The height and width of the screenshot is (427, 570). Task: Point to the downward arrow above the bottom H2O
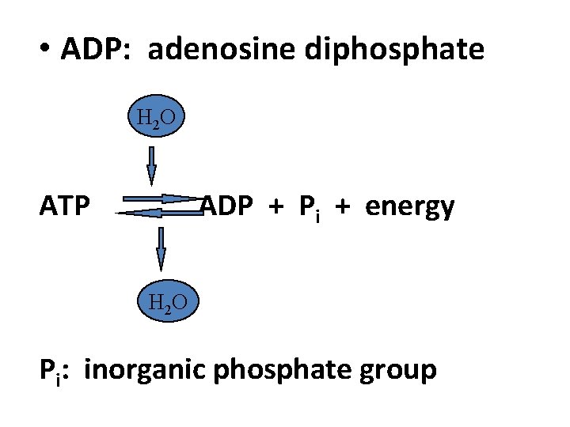161,248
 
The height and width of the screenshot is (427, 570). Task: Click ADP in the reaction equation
228,206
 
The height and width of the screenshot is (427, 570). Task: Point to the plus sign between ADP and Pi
275,207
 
